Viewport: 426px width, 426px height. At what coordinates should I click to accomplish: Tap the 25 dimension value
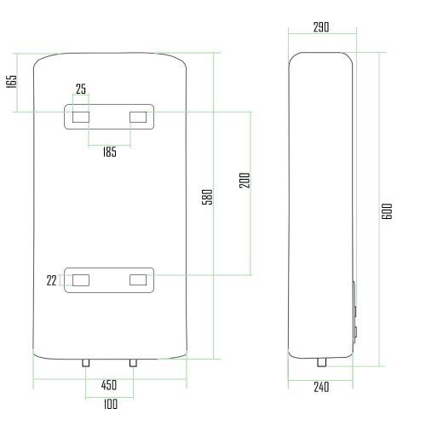pyautogui.click(x=81, y=89)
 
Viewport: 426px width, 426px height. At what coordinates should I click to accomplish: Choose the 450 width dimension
pyautogui.click(x=109, y=385)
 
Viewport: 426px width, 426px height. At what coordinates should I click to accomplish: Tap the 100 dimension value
pyautogui.click(x=109, y=404)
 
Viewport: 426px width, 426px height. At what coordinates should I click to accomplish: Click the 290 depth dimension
pyautogui.click(x=321, y=27)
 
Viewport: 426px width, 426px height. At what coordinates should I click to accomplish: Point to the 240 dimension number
pyautogui.click(x=321, y=386)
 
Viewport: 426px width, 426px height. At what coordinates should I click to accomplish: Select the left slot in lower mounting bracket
pyautogui.click(x=81, y=279)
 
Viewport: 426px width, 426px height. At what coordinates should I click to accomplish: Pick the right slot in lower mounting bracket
pyautogui.click(x=138, y=279)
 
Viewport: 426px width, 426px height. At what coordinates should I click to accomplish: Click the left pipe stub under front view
pyautogui.click(x=87, y=362)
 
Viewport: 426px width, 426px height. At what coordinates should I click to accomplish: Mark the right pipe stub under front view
pyautogui.click(x=132, y=362)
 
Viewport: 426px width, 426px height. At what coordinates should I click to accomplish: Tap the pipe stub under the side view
pyautogui.click(x=321, y=362)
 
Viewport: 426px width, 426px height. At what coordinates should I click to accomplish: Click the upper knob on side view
pyautogui.click(x=355, y=297)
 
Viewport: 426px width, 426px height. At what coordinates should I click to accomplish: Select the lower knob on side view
pyautogui.click(x=355, y=329)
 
